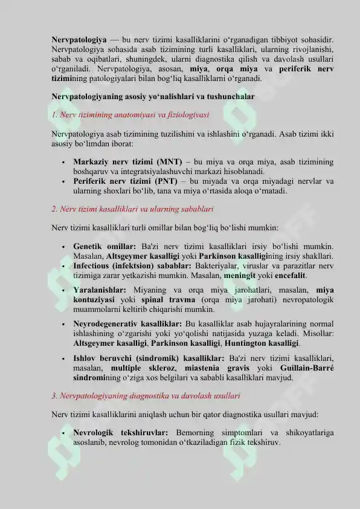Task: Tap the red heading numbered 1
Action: pyautogui.click(x=130, y=114)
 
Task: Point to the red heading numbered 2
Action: pyautogui.click(x=132, y=209)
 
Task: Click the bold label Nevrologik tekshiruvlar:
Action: pyautogui.click(x=121, y=433)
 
